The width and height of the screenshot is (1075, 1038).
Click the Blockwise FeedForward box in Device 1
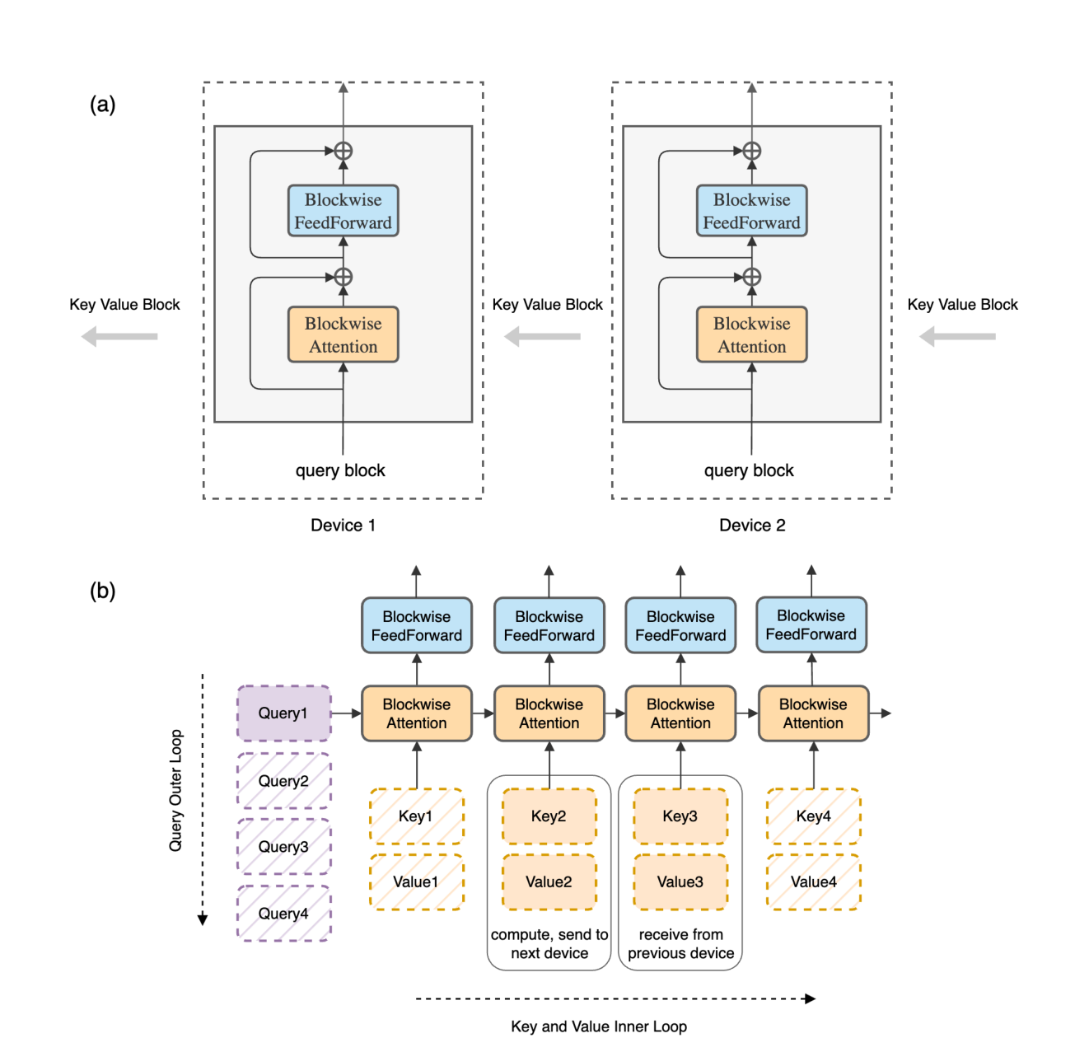pyautogui.click(x=343, y=210)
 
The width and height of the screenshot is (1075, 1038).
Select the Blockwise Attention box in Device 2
pyautogui.click(x=751, y=334)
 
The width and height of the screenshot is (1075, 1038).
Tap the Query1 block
pyautogui.click(x=284, y=713)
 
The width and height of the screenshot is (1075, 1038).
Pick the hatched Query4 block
pyautogui.click(x=284, y=913)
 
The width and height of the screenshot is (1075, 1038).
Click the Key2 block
pyautogui.click(x=549, y=816)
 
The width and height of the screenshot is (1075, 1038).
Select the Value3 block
pyautogui.click(x=680, y=881)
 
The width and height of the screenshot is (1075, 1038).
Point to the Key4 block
pyautogui.click(x=813, y=816)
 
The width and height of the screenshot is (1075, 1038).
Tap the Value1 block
pyautogui.click(x=416, y=881)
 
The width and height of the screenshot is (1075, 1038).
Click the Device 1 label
pyautogui.click(x=343, y=525)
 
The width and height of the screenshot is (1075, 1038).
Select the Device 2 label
pyautogui.click(x=752, y=525)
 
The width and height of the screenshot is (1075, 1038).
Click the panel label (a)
pyautogui.click(x=103, y=104)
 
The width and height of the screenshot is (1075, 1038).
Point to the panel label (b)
pyautogui.click(x=103, y=591)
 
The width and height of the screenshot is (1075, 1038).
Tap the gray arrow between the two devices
pyautogui.click(x=542, y=336)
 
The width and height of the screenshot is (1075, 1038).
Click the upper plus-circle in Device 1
pyautogui.click(x=343, y=150)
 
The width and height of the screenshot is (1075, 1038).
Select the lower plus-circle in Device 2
pyautogui.click(x=751, y=277)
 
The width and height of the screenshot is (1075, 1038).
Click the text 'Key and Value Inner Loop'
pyautogui.click(x=599, y=1026)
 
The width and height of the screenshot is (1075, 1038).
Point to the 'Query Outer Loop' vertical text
pyautogui.click(x=175, y=790)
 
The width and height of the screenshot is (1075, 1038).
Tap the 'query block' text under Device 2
pyautogui.click(x=749, y=470)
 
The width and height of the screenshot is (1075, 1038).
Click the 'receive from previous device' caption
pyautogui.click(x=680, y=943)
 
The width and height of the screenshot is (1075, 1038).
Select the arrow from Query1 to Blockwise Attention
pyautogui.click(x=346, y=713)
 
